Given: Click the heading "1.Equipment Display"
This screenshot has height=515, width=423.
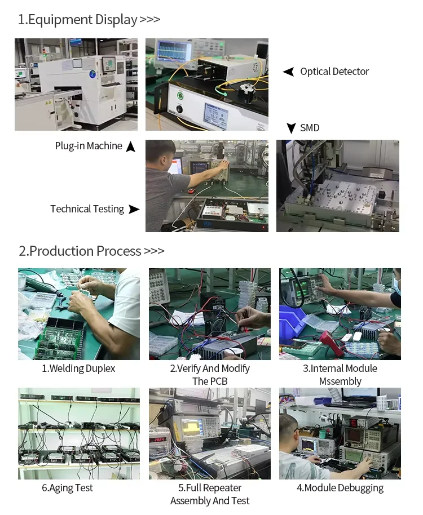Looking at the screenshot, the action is (x=78, y=20).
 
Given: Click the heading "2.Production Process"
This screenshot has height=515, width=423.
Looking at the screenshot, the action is (x=80, y=251).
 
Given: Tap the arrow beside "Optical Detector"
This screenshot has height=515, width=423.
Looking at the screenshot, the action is (x=288, y=72).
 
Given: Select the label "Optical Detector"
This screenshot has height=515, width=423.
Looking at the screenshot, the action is (x=334, y=72).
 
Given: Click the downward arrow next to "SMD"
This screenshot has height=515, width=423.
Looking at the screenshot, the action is (x=291, y=128).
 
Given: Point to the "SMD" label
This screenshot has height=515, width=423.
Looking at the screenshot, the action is (x=310, y=128).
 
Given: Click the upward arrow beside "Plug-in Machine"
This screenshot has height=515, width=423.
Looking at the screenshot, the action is (x=131, y=146).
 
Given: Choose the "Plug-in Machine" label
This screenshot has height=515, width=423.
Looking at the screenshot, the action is (x=89, y=146).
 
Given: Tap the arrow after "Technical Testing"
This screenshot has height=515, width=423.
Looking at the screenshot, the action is (x=134, y=209).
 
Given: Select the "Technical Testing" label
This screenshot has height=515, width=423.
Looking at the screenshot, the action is (x=87, y=209).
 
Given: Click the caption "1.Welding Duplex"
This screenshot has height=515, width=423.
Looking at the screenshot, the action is (x=78, y=369).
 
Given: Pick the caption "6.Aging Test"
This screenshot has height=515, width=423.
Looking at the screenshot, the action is (x=67, y=488).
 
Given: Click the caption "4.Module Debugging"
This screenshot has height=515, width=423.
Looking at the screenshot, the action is (x=340, y=488).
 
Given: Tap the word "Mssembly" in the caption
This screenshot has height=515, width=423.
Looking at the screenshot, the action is (x=340, y=381).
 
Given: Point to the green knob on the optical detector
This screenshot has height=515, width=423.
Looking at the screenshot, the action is (x=180, y=96).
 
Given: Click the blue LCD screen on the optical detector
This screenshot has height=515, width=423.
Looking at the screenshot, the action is (x=215, y=114).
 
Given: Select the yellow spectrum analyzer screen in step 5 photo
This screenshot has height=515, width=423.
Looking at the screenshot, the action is (x=192, y=427).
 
